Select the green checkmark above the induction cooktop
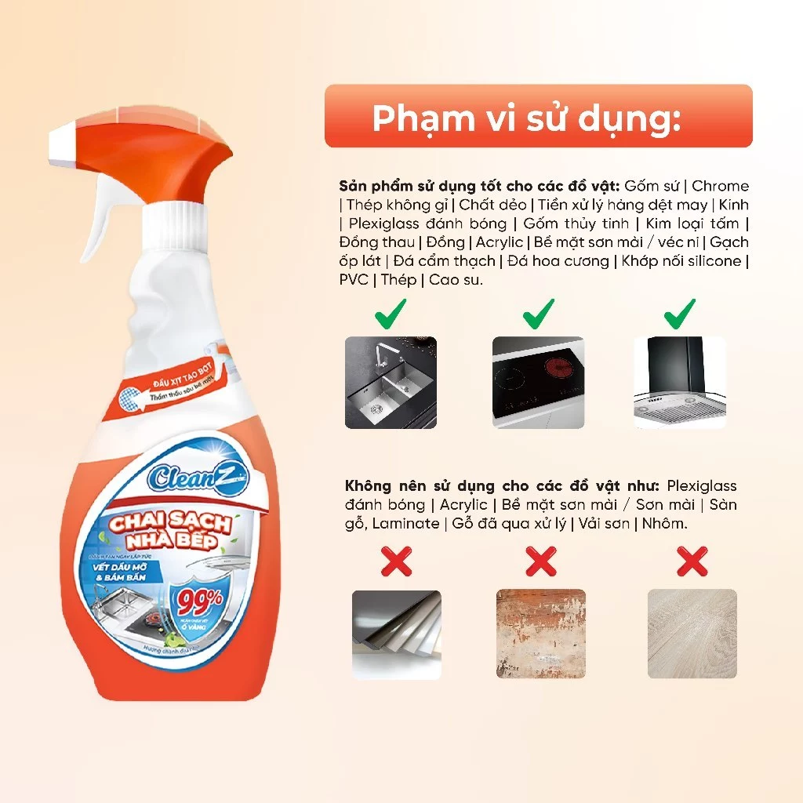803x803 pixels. click(x=538, y=314)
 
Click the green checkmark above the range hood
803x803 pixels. click(x=680, y=314)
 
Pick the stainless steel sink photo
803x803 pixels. click(x=391, y=382)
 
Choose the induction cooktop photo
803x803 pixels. click(x=538, y=382)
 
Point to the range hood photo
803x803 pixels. click(x=680, y=382)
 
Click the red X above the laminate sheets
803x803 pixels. click(x=396, y=561)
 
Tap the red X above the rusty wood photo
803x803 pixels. click(x=541, y=561)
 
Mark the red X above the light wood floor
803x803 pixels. click(x=692, y=561)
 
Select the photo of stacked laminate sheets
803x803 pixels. click(x=396, y=634)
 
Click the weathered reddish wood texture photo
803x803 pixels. click(x=541, y=634)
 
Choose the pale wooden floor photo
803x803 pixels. click(x=692, y=634)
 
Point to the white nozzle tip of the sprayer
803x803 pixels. click(x=61, y=142)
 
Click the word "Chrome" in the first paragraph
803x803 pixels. click(x=720, y=186)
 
